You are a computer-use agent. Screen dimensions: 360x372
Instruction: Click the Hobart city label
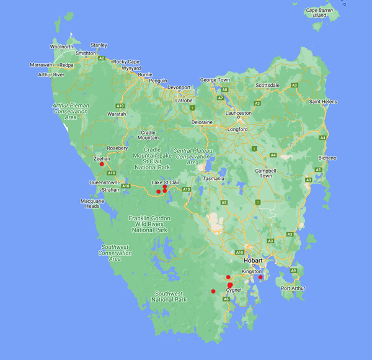click(254, 261)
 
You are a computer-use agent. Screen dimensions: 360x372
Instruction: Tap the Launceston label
click(239, 113)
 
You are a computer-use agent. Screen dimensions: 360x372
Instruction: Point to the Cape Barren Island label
click(319, 12)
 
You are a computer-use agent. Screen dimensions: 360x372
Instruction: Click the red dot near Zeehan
click(102, 164)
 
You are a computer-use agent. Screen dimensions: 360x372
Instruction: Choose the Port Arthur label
click(293, 288)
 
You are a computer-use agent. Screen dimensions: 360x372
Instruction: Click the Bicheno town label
click(327, 158)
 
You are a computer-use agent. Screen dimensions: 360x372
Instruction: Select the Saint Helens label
click(322, 101)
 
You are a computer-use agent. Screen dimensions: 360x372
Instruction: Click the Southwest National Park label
click(170, 296)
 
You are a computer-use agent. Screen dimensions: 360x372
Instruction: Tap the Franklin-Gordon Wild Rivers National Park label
click(149, 223)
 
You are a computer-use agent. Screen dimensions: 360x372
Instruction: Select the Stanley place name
click(99, 45)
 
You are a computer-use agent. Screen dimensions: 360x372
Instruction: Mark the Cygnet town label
click(234, 290)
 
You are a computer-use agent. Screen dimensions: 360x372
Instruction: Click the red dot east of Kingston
click(260, 277)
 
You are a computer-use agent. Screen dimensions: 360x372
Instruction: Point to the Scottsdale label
click(268, 85)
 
